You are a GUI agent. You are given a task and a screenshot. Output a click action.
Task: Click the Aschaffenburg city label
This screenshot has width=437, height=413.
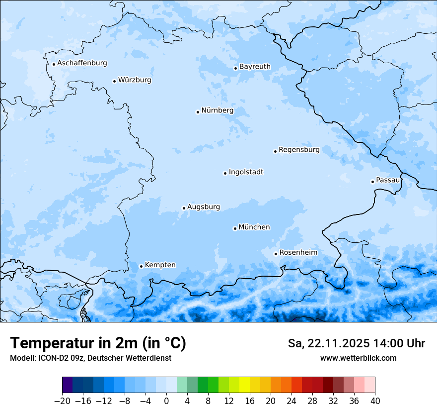[x=82, y=63]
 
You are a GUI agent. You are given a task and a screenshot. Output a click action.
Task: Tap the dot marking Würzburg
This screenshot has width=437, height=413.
[x=114, y=81]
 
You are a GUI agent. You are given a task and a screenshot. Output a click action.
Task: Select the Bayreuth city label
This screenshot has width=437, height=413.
[x=255, y=67]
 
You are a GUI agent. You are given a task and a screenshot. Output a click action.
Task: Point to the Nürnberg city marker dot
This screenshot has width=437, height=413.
[x=198, y=112]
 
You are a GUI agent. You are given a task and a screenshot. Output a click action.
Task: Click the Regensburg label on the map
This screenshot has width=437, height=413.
[x=299, y=150]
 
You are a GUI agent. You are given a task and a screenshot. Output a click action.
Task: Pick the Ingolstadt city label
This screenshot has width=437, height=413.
[x=246, y=172]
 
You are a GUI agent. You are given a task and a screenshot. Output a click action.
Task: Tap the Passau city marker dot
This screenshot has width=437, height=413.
[x=372, y=182]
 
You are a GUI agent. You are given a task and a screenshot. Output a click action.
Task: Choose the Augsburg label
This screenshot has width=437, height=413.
[x=204, y=207]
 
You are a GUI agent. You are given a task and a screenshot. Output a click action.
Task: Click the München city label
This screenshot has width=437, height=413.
[x=254, y=227]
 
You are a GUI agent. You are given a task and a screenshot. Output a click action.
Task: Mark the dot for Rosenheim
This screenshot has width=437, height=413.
[x=276, y=254]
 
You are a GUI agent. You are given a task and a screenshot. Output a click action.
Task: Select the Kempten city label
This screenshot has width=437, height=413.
[x=160, y=265]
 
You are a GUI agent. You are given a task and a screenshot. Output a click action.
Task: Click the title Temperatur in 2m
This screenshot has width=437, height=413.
[x=98, y=343]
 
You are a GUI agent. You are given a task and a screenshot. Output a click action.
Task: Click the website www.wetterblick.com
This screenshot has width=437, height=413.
[x=358, y=358]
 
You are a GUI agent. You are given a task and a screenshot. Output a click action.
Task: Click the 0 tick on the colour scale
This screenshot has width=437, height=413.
[x=166, y=401]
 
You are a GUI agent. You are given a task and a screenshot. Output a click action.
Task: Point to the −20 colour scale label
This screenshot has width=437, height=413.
[x=62, y=401]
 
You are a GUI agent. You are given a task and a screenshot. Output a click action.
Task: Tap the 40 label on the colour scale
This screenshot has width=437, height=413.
[x=375, y=401]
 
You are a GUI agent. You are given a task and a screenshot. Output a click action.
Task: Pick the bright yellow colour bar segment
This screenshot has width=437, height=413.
[x=244, y=385]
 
